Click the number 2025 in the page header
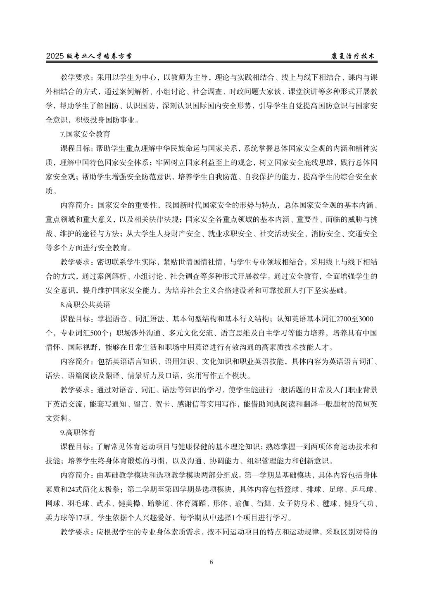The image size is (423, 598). [55, 56]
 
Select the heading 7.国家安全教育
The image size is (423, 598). [85, 134]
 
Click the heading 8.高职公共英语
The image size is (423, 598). [85, 305]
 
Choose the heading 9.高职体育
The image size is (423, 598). [78, 432]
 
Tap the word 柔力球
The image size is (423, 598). [56, 517]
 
